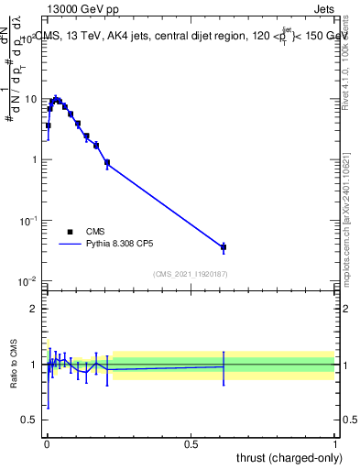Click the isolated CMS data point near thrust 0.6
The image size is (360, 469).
(x=224, y=247)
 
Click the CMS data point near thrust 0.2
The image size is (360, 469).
(x=107, y=163)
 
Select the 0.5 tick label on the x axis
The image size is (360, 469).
(x=191, y=444)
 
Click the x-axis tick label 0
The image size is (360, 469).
(x=47, y=444)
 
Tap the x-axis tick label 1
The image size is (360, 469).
(x=335, y=444)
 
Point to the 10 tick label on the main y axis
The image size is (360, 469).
(x=32, y=99)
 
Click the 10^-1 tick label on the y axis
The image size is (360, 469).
(x=29, y=220)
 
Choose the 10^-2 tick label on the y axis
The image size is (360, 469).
(x=29, y=280)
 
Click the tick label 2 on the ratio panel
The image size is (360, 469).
(x=35, y=309)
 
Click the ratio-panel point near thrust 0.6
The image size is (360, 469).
(x=224, y=366)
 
